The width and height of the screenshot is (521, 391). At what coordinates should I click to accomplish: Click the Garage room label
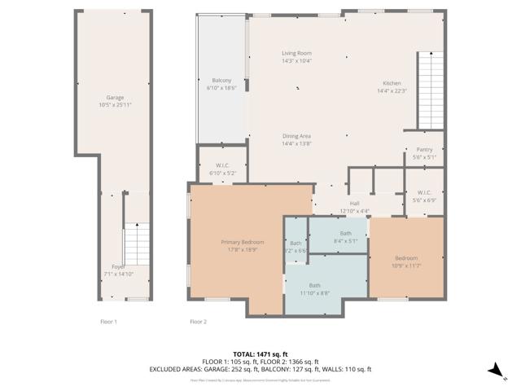point(115,101)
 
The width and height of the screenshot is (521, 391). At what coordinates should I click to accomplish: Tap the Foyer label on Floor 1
point(118,270)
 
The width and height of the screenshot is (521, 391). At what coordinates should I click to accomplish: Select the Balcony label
point(221,83)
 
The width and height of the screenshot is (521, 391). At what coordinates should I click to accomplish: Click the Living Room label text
point(296,56)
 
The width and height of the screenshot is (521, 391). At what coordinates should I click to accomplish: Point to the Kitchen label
point(392,86)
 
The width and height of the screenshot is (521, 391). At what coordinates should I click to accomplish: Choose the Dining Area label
point(296,139)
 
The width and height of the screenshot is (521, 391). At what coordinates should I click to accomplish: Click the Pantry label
point(424,153)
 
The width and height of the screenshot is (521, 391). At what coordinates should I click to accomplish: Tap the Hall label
point(354,207)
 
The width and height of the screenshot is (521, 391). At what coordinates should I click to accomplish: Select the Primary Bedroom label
point(242,246)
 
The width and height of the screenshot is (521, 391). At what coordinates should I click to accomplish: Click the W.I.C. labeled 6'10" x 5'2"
point(221,169)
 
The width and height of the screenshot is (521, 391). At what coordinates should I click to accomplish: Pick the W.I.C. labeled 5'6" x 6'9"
point(424,196)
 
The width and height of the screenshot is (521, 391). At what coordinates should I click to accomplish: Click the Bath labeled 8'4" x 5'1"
point(346,237)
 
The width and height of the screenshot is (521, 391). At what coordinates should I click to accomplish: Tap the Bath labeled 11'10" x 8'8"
point(314,288)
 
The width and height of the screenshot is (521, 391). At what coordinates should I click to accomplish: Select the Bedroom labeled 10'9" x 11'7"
point(406,261)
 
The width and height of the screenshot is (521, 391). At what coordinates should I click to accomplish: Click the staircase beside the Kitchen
point(431,90)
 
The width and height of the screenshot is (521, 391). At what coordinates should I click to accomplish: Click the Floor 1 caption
point(108,322)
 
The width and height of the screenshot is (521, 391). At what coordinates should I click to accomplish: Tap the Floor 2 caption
point(199,322)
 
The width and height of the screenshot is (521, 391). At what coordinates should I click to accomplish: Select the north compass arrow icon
point(494,371)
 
